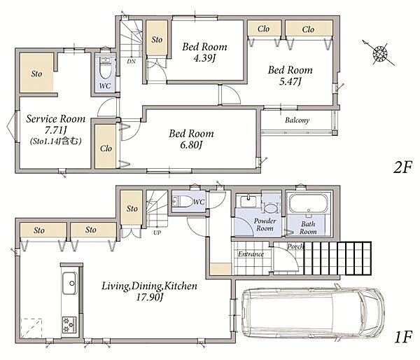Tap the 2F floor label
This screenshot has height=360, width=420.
coord(402,167)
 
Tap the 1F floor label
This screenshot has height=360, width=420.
coord(403,337)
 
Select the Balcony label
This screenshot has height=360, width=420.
coord(297,120)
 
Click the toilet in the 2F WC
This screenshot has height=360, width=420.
coord(105,68)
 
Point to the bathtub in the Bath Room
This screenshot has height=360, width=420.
coord(309,203)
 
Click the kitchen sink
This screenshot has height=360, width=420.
coord(69,284)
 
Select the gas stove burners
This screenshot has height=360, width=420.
coord(69,325)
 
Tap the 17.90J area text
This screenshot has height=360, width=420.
coord(150,297)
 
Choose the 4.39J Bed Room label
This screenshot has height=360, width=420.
coord(204,52)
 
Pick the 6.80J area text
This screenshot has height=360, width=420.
coord(191,145)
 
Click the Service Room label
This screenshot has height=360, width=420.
coord(56,119)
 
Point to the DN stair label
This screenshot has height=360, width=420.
coord(132,62)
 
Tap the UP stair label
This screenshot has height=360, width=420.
coord(157,233)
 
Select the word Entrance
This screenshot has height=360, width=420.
coord(251,254)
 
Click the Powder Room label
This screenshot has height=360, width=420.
coord(265,225)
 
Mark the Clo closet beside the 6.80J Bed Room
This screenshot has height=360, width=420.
coord(106,146)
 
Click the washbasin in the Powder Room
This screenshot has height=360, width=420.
coord(248,201)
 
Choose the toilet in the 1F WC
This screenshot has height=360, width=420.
coord(182,202)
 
